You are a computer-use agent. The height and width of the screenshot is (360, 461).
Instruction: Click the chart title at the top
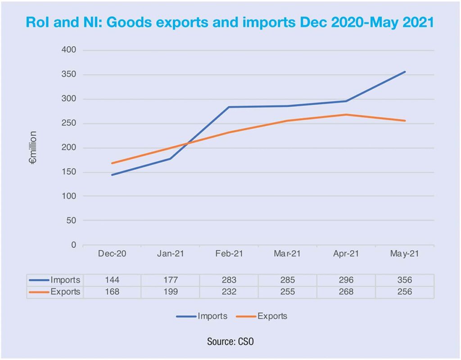coord(230,22)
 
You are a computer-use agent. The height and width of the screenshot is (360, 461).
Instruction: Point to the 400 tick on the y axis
coord(69,50)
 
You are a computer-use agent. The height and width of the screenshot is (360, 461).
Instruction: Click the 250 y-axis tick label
coord(69,123)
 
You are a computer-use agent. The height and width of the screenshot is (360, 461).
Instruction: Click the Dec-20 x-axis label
coord(112,254)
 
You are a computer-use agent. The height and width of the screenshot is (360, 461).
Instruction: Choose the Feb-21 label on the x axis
coord(229,254)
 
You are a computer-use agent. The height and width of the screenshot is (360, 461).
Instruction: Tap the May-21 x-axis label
coord(405,254)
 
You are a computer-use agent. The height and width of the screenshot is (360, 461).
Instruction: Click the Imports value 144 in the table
coord(112,280)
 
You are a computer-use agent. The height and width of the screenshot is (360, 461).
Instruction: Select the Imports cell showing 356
coord(405,280)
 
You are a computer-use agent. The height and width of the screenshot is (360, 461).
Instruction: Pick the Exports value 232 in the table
coord(229,292)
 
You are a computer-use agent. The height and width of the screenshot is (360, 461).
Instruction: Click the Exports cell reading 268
coord(346,292)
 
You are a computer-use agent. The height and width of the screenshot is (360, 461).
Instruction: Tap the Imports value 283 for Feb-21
coord(229,280)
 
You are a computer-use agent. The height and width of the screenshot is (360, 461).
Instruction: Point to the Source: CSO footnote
coord(230,342)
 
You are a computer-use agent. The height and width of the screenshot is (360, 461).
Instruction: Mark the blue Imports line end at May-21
coord(405,72)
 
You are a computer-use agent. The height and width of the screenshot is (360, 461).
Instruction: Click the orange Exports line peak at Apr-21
coord(346,114)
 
